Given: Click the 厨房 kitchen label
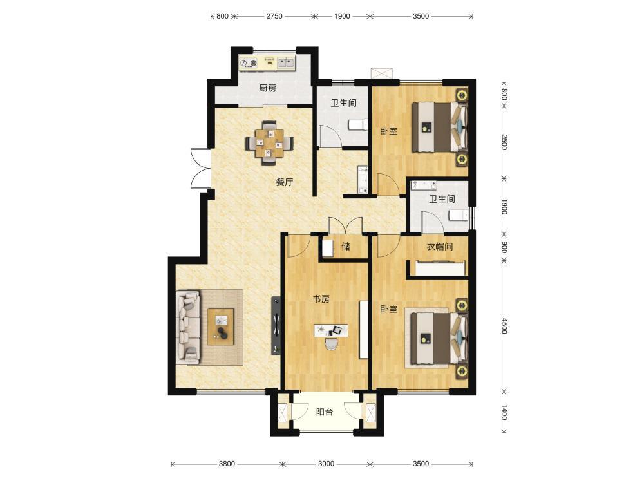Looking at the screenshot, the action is pyautogui.click(x=267, y=88).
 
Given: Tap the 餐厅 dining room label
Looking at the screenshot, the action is pyautogui.click(x=285, y=182).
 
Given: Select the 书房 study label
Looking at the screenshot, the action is pyautogui.click(x=321, y=299).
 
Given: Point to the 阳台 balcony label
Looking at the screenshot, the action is pyautogui.click(x=325, y=412).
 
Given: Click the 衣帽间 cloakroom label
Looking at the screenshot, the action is pyautogui.click(x=439, y=247).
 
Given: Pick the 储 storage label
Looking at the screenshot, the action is pyautogui.click(x=346, y=247).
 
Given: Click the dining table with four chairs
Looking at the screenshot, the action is pyautogui.click(x=269, y=143).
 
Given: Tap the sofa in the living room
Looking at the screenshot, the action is pyautogui.click(x=189, y=327).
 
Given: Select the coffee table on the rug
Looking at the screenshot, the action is pyautogui.click(x=220, y=327).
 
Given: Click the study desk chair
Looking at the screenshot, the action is pyautogui.click(x=331, y=344).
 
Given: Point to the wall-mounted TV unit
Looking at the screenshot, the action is pyautogui.click(x=277, y=326).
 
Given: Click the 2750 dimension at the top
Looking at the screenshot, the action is pyautogui.click(x=274, y=16).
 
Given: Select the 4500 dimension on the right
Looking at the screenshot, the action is pyautogui.click(x=504, y=326).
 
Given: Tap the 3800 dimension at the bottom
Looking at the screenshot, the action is pyautogui.click(x=227, y=464).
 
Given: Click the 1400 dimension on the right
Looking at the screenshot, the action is pyautogui.click(x=504, y=412).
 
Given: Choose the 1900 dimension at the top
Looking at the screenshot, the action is pyautogui.click(x=342, y=16).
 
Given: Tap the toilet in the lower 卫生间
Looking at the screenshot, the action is pyautogui.click(x=459, y=215).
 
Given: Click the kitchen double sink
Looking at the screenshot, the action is pyautogui.click(x=286, y=62).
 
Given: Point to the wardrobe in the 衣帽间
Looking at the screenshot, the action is pyautogui.click(x=440, y=268).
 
